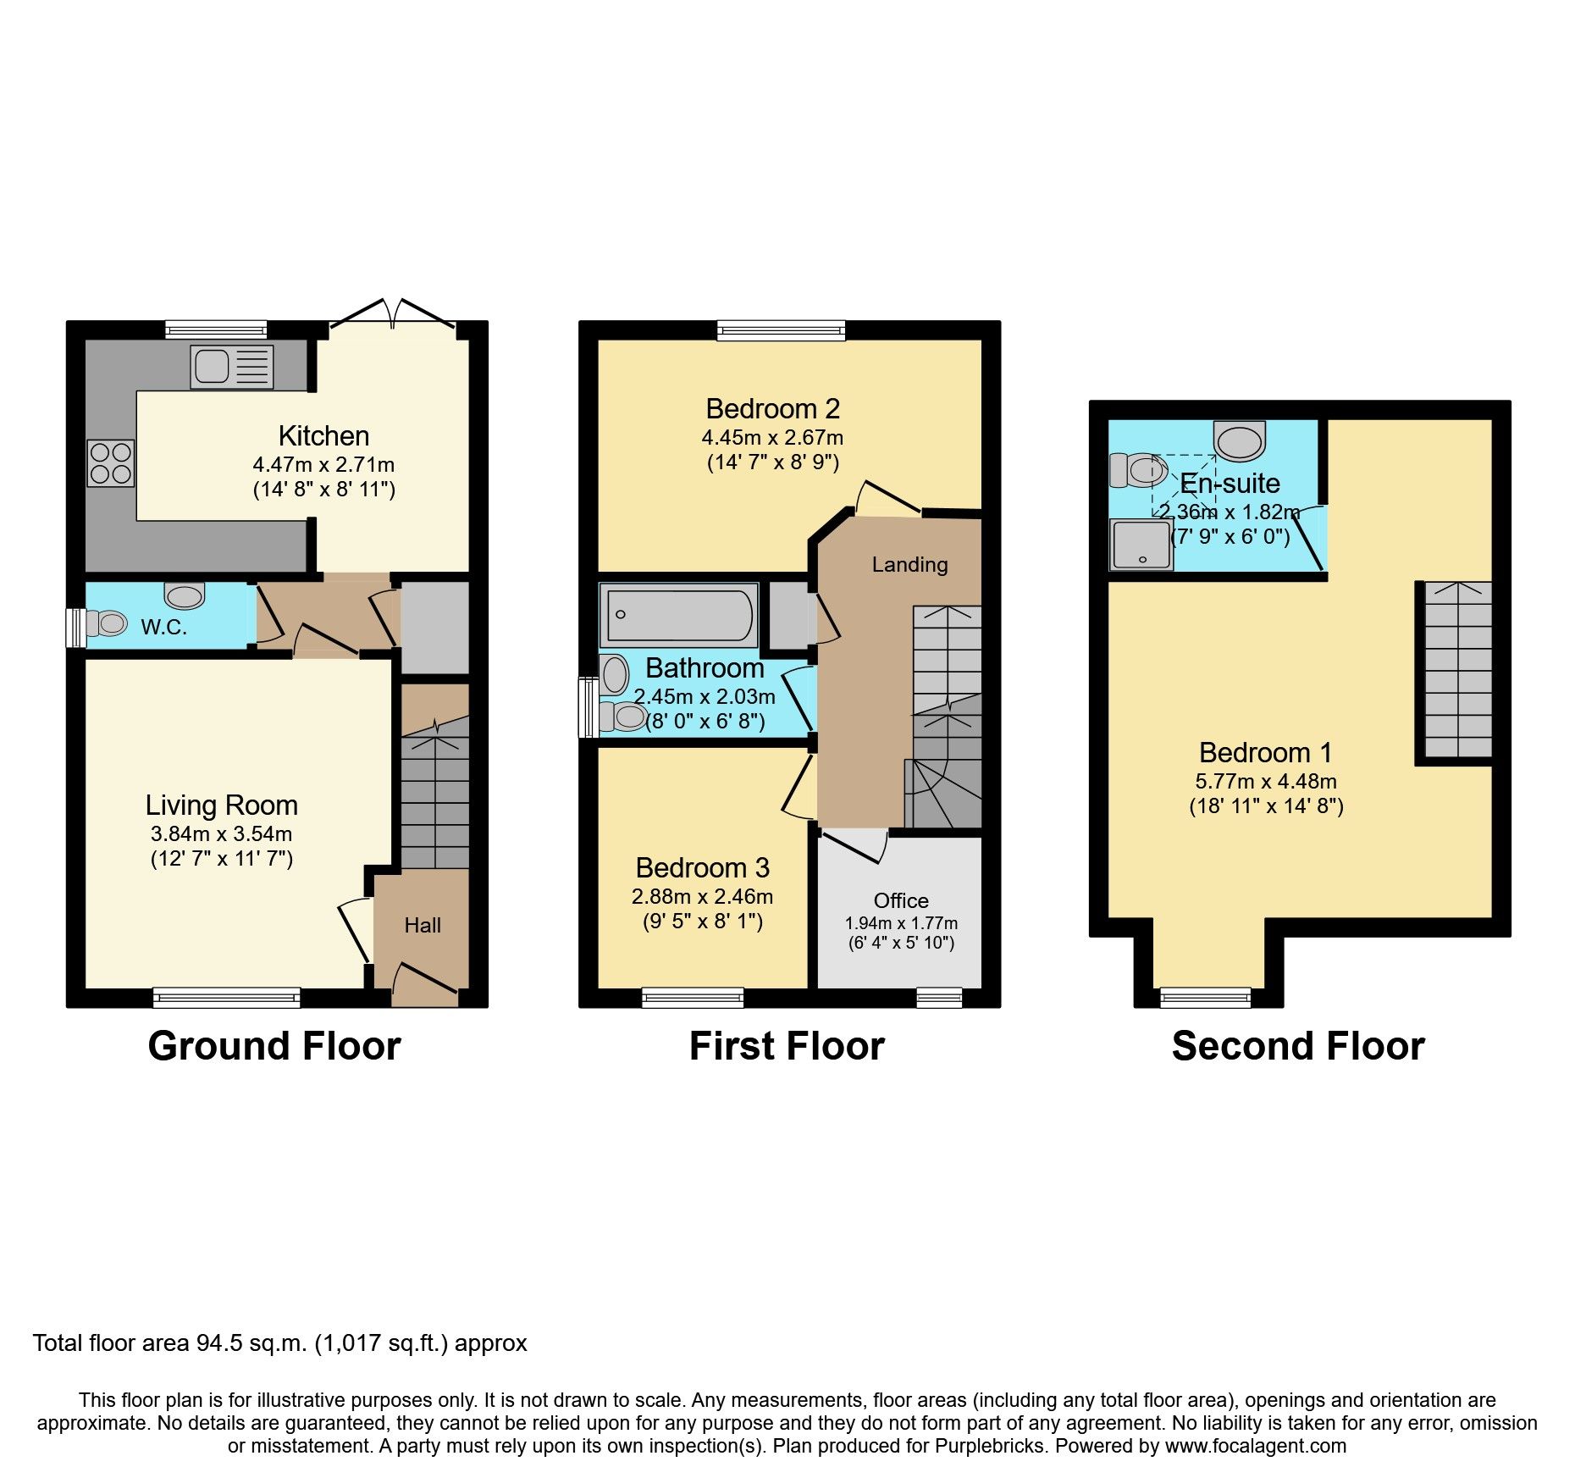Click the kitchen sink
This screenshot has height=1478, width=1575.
(232, 367)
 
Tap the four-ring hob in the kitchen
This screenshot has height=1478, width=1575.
(110, 463)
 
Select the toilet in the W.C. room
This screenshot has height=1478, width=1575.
(106, 624)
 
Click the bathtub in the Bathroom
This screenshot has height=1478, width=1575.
(677, 615)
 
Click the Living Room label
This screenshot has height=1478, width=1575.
(222, 805)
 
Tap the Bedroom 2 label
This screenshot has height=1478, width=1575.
(772, 409)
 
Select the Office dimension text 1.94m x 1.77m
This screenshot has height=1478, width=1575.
(901, 923)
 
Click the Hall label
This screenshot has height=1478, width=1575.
(423, 925)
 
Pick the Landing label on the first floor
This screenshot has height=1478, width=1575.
(909, 564)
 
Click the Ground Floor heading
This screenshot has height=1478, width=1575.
(274, 1046)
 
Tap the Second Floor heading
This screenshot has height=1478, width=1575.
(1298, 1046)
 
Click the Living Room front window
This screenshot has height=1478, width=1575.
(227, 998)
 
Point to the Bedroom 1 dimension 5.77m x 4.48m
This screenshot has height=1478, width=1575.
(1266, 782)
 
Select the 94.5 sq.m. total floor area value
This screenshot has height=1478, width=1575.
(251, 1343)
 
